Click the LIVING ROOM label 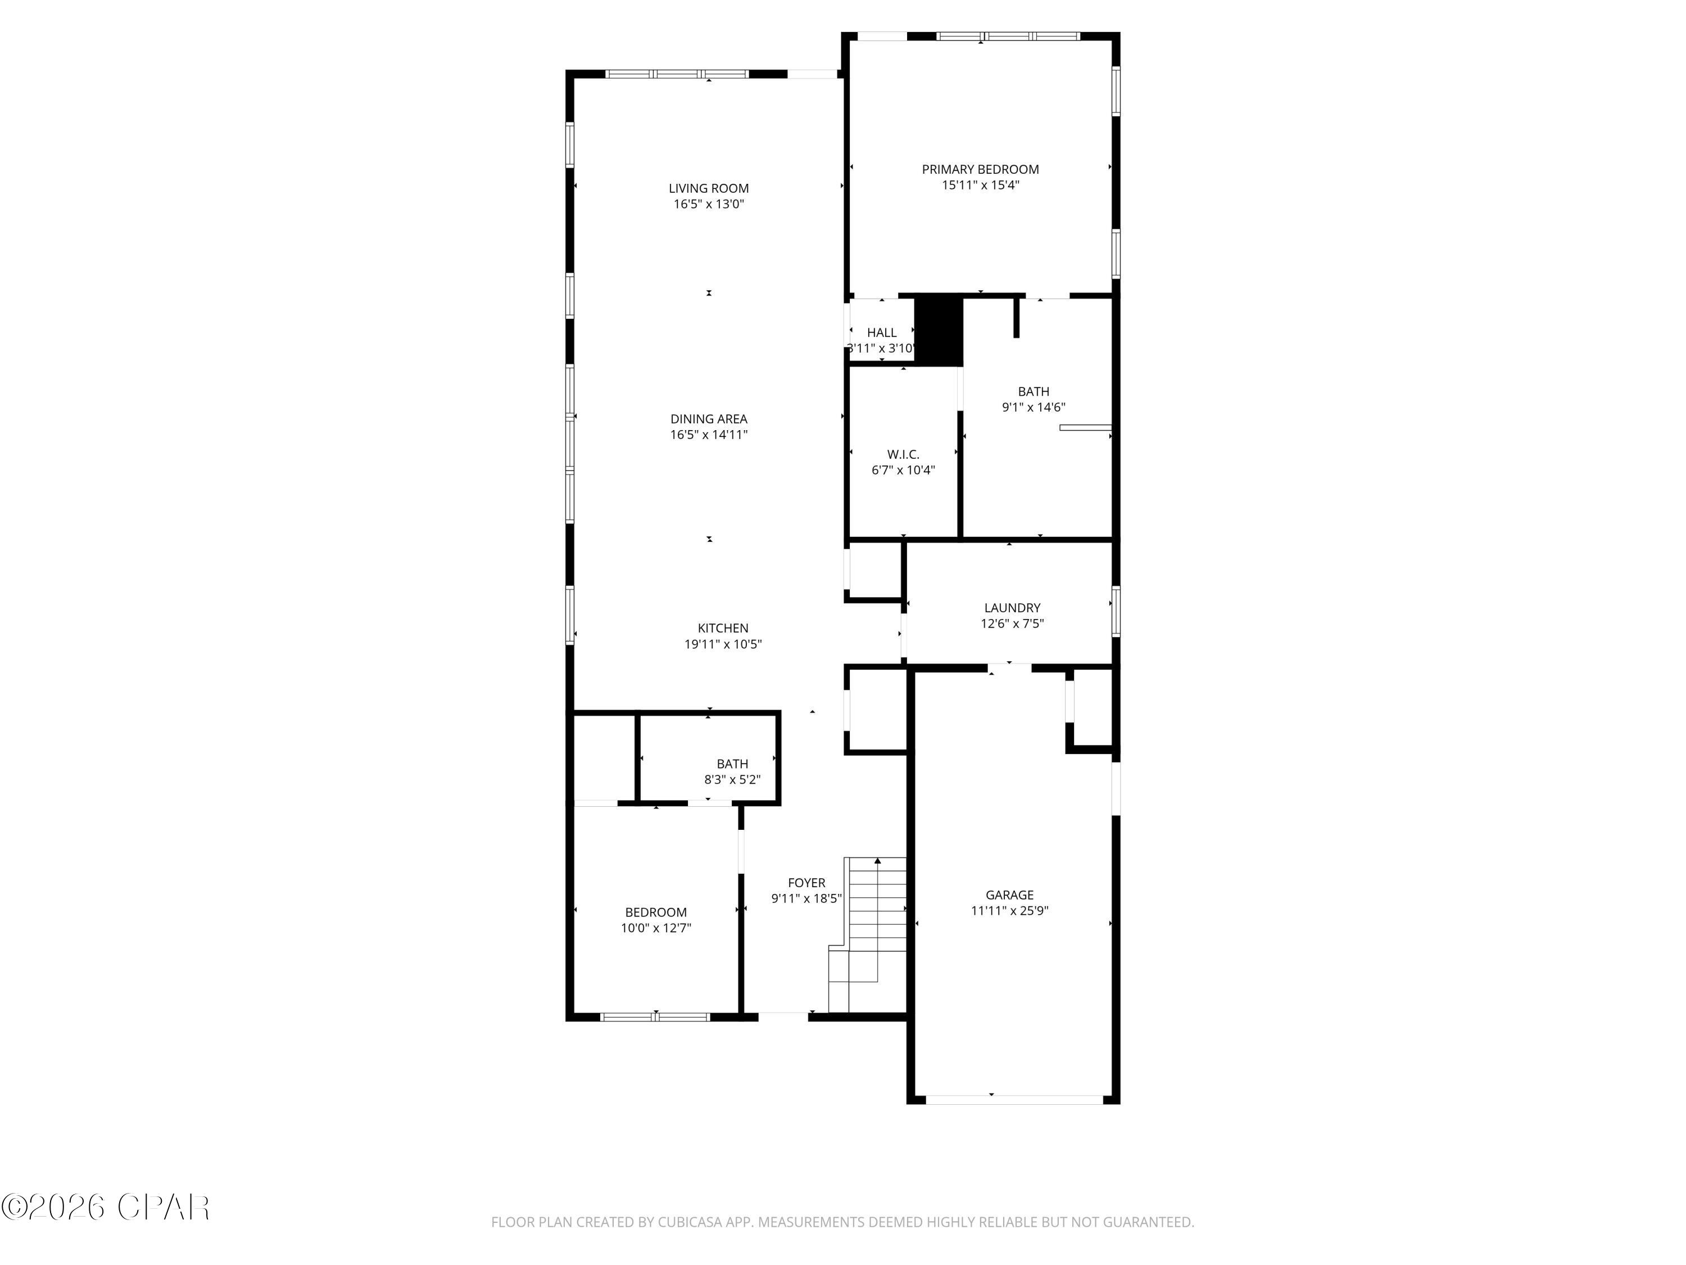(708, 188)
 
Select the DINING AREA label (708, 419)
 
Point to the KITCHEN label (723, 629)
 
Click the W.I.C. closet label (903, 454)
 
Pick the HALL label (881, 332)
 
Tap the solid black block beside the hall (939, 330)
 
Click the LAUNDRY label (1012, 608)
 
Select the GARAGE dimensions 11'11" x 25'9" (1009, 910)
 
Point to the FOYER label (806, 883)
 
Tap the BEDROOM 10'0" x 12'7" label (655, 912)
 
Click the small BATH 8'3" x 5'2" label (732, 764)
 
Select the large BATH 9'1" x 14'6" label (1033, 392)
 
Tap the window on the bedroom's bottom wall (655, 1016)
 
